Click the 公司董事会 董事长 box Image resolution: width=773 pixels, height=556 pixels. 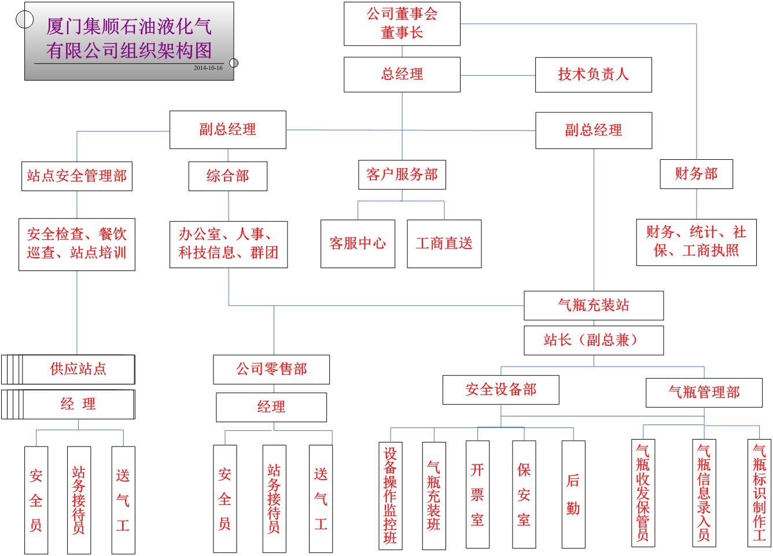click(402, 24)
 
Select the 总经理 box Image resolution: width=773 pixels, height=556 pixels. click(402, 74)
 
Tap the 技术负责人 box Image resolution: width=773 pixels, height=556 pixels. click(593, 74)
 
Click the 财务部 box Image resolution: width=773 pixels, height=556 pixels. click(696, 174)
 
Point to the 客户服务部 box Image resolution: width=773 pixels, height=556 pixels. click(402, 174)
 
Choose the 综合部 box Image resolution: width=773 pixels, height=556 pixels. click(227, 175)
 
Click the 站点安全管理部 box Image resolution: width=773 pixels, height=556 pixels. click(76, 175)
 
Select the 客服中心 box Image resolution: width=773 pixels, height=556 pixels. click(358, 243)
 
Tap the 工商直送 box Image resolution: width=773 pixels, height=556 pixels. click(444, 243)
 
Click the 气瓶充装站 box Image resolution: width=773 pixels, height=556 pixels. click(593, 305)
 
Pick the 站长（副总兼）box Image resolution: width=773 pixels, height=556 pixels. click(593, 340)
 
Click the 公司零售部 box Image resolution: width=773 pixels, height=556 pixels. click(271, 369)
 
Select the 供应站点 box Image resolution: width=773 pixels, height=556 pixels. click(78, 369)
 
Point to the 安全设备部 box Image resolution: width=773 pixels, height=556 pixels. click(500, 390)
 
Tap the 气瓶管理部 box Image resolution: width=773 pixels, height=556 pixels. click(704, 392)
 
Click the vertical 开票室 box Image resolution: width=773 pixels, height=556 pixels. click(477, 494)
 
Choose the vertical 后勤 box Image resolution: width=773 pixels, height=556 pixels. click(573, 494)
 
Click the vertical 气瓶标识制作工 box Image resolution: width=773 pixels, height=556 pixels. click(759, 493)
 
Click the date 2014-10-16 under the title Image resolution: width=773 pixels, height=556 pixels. click(208, 68)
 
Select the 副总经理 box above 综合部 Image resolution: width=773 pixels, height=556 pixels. click(227, 130)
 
